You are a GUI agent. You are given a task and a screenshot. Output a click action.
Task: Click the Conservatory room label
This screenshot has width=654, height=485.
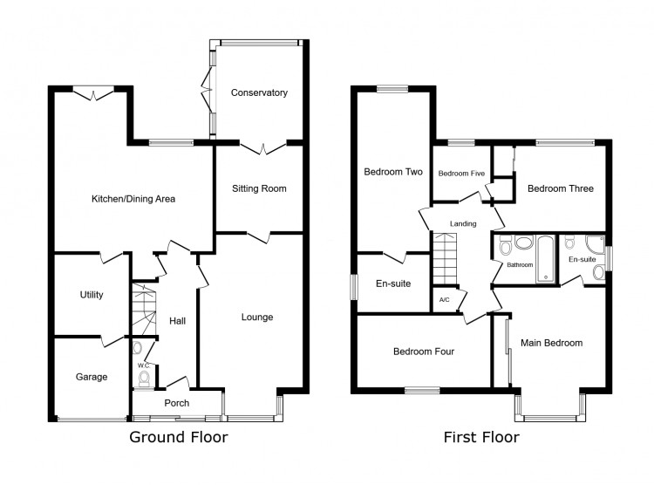click(x=259, y=92)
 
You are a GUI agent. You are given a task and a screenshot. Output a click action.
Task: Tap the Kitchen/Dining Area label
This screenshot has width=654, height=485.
click(x=133, y=199)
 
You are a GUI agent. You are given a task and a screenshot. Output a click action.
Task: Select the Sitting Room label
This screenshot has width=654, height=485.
click(x=259, y=188)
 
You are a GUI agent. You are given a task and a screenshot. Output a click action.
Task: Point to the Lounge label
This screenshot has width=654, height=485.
click(x=257, y=317)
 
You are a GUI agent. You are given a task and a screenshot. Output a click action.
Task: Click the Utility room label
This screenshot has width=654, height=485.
click(x=92, y=295)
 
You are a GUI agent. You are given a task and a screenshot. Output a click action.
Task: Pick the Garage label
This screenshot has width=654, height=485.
click(x=91, y=377)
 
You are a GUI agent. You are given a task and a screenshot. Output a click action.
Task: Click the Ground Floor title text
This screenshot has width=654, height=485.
click(x=179, y=437)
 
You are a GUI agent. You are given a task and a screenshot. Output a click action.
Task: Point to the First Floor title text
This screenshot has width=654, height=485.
click(x=480, y=437)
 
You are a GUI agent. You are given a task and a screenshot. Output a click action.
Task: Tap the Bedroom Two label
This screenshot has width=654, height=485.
click(x=392, y=172)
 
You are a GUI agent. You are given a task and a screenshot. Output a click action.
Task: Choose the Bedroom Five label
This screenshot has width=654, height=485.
click(x=460, y=174)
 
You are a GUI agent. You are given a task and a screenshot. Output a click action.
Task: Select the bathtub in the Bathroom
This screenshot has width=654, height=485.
click(x=545, y=257)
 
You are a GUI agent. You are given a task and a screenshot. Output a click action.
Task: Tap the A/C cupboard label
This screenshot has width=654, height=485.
click(x=444, y=300)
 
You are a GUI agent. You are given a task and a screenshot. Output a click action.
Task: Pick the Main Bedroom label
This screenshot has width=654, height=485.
click(x=551, y=343)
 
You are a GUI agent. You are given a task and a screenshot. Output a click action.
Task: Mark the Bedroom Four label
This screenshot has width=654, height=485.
click(x=423, y=352)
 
